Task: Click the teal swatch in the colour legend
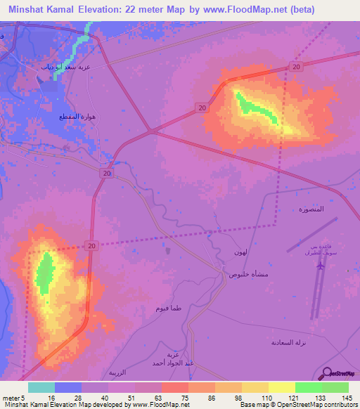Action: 41,387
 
